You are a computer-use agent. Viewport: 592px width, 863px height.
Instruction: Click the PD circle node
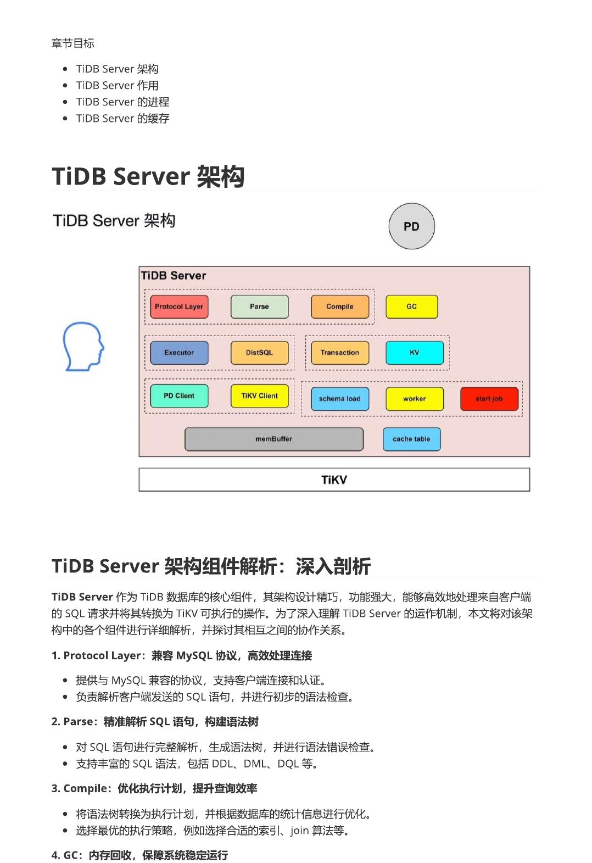coord(411,226)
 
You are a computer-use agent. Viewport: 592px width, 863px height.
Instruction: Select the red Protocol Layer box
coord(179,307)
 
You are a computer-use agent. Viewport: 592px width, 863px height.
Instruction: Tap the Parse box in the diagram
coord(259,307)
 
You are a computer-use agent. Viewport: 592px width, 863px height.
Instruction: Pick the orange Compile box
coord(339,307)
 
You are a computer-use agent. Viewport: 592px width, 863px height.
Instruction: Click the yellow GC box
coord(411,307)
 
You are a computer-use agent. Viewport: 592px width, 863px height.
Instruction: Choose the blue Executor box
coord(179,353)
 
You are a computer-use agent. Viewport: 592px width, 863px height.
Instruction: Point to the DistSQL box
coord(259,353)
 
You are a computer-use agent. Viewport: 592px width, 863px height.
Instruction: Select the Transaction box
coord(339,353)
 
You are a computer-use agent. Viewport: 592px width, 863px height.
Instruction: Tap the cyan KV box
coord(414,353)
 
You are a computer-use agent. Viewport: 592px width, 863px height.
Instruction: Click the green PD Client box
coord(179,396)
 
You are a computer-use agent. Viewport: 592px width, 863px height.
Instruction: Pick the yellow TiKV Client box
coord(259,396)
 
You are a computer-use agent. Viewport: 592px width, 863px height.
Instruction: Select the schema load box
coord(339,399)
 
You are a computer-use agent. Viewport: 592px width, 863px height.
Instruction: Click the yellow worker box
coord(414,399)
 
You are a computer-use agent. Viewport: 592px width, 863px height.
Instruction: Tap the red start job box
coord(489,399)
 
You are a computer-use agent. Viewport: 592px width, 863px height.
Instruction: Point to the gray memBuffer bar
coord(273,439)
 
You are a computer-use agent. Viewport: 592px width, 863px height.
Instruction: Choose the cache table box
coord(411,439)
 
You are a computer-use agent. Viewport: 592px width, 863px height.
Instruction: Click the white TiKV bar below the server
coord(334,480)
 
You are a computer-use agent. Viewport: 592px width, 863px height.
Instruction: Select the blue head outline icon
coord(83,346)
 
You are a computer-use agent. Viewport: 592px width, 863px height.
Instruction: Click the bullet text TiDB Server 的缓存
coord(122,118)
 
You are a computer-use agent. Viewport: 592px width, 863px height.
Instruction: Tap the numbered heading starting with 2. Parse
coord(155,721)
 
